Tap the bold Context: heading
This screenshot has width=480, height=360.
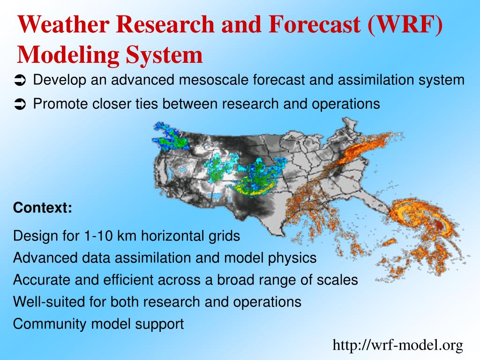[x=43, y=208]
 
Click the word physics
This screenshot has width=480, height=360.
[x=293, y=258]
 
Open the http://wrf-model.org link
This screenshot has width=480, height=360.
[x=397, y=345]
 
